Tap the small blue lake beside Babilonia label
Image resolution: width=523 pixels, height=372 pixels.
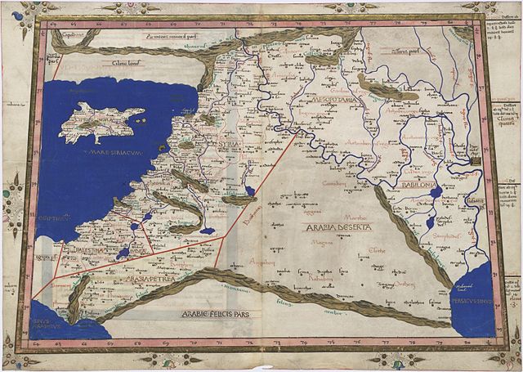(436, 194)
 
